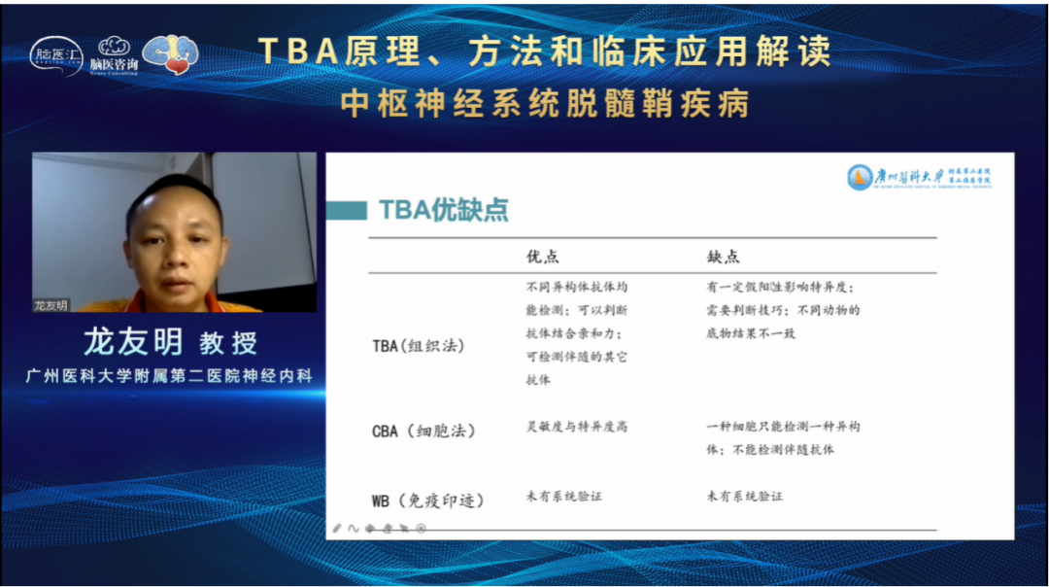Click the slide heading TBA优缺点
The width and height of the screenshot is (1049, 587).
[442, 210]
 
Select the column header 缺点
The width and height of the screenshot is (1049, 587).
[723, 257]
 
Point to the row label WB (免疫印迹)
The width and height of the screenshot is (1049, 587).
[427, 501]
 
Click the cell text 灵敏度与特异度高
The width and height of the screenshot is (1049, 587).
[577, 427]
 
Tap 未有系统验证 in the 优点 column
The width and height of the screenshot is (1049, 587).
[564, 497]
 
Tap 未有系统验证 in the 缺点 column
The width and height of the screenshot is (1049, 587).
[745, 497]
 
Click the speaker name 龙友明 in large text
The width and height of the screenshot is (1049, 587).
[133, 342]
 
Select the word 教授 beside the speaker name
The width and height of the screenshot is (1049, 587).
[229, 343]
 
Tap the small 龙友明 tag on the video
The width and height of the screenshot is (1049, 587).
[51, 305]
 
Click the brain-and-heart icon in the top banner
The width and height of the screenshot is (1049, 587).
[170, 53]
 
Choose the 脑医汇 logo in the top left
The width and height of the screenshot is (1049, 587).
[55, 55]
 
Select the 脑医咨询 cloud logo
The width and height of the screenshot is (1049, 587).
[114, 54]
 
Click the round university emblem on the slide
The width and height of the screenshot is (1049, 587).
[860, 177]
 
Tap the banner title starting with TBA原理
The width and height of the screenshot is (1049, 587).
[544, 52]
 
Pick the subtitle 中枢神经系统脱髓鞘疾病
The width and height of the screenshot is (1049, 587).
[545, 103]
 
